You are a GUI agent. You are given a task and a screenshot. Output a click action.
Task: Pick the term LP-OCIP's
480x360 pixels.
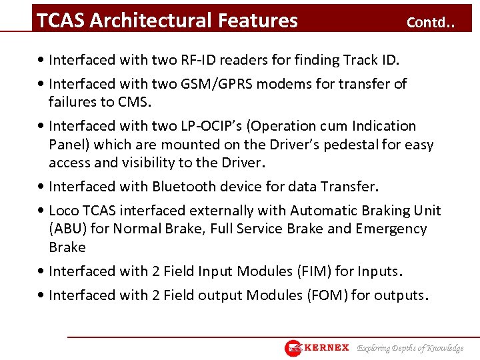[226, 126]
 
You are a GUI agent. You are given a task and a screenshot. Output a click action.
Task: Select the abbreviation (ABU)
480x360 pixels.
[67, 229]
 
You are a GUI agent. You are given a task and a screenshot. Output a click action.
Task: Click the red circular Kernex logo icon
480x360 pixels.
[293, 348]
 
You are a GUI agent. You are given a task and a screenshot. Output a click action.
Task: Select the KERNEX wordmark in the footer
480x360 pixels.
[326, 348]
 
